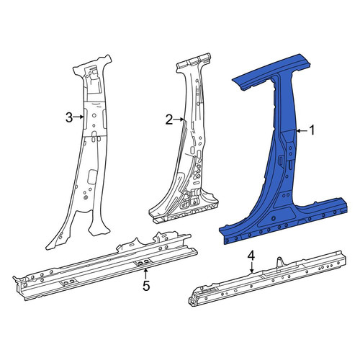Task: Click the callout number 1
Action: tap(312, 131)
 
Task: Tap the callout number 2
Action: tap(169, 120)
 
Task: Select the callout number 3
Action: tap(69, 117)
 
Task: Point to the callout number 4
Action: tap(251, 256)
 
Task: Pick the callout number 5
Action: tap(146, 286)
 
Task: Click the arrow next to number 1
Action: tap(302, 131)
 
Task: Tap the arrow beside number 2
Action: tap(179, 120)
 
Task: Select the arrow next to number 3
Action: tap(78, 117)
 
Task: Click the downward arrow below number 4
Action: tap(251, 268)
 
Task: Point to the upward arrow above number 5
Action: tap(145, 274)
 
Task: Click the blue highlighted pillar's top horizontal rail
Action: tap(271, 72)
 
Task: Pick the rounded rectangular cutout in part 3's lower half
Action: tap(92, 176)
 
